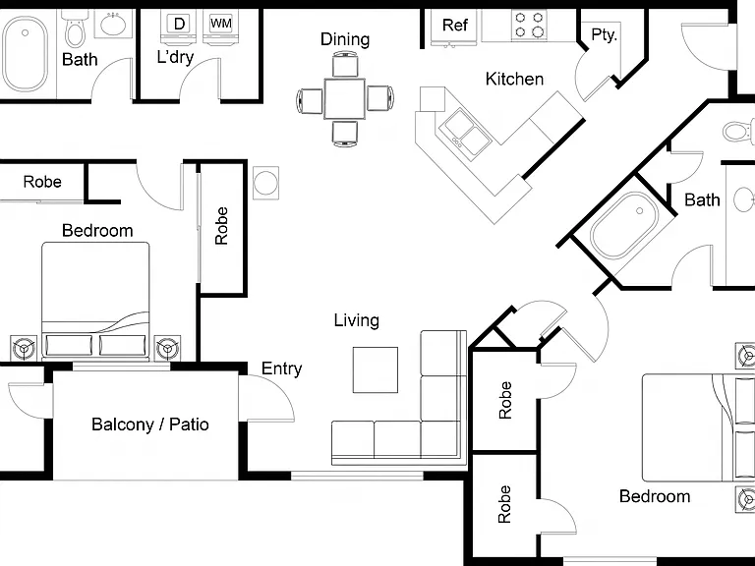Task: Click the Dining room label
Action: click(345, 39)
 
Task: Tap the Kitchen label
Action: click(514, 79)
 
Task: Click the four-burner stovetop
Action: click(529, 25)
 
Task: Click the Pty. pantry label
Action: click(604, 34)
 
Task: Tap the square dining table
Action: click(344, 98)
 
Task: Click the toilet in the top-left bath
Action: click(74, 30)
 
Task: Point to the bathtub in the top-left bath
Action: click(25, 53)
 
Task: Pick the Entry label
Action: click(282, 368)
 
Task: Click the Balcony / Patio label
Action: click(150, 424)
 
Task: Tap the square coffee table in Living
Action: click(376, 369)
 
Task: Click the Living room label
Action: click(356, 320)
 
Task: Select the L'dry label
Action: click(175, 57)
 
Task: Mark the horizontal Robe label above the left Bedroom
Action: click(42, 182)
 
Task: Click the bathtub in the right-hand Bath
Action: click(624, 225)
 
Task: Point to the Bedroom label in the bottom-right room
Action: click(655, 496)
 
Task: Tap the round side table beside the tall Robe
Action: click(265, 183)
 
